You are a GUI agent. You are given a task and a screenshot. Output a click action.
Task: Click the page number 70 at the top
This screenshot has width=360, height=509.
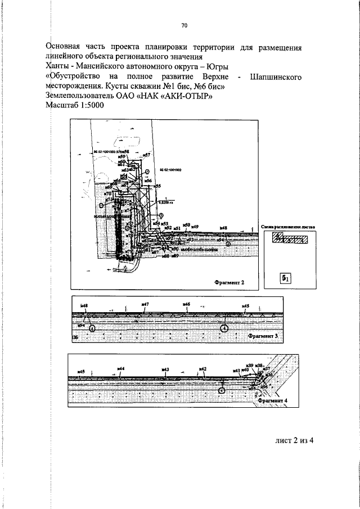tap(184, 25)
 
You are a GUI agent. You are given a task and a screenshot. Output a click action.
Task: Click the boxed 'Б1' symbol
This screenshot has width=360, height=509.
tap(286, 278)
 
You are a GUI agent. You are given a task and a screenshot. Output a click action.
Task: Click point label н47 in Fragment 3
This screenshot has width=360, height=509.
tap(145, 304)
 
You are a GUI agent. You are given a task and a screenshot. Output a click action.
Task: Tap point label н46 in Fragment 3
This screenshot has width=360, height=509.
tap(186, 304)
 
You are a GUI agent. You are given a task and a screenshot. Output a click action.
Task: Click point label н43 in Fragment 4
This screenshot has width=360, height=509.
tap(165, 370)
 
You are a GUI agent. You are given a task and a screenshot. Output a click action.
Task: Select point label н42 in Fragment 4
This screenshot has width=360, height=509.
tap(203, 369)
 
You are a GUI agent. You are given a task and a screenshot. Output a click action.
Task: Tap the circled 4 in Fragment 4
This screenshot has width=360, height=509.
tap(222, 389)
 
